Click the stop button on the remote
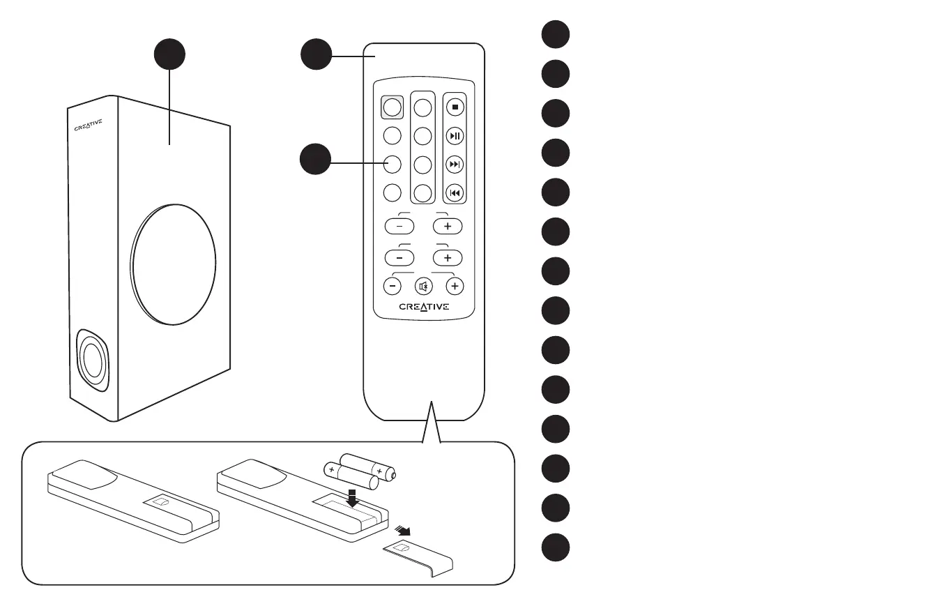click(x=455, y=107)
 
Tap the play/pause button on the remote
click(x=455, y=135)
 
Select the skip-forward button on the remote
click(x=455, y=164)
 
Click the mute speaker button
click(x=423, y=286)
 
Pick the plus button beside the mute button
click(x=455, y=286)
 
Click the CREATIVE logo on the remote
click(x=424, y=307)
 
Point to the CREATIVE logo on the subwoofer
click(x=89, y=126)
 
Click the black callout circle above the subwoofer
click(x=169, y=54)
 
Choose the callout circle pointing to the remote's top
click(x=316, y=54)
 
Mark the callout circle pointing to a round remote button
click(x=316, y=160)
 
